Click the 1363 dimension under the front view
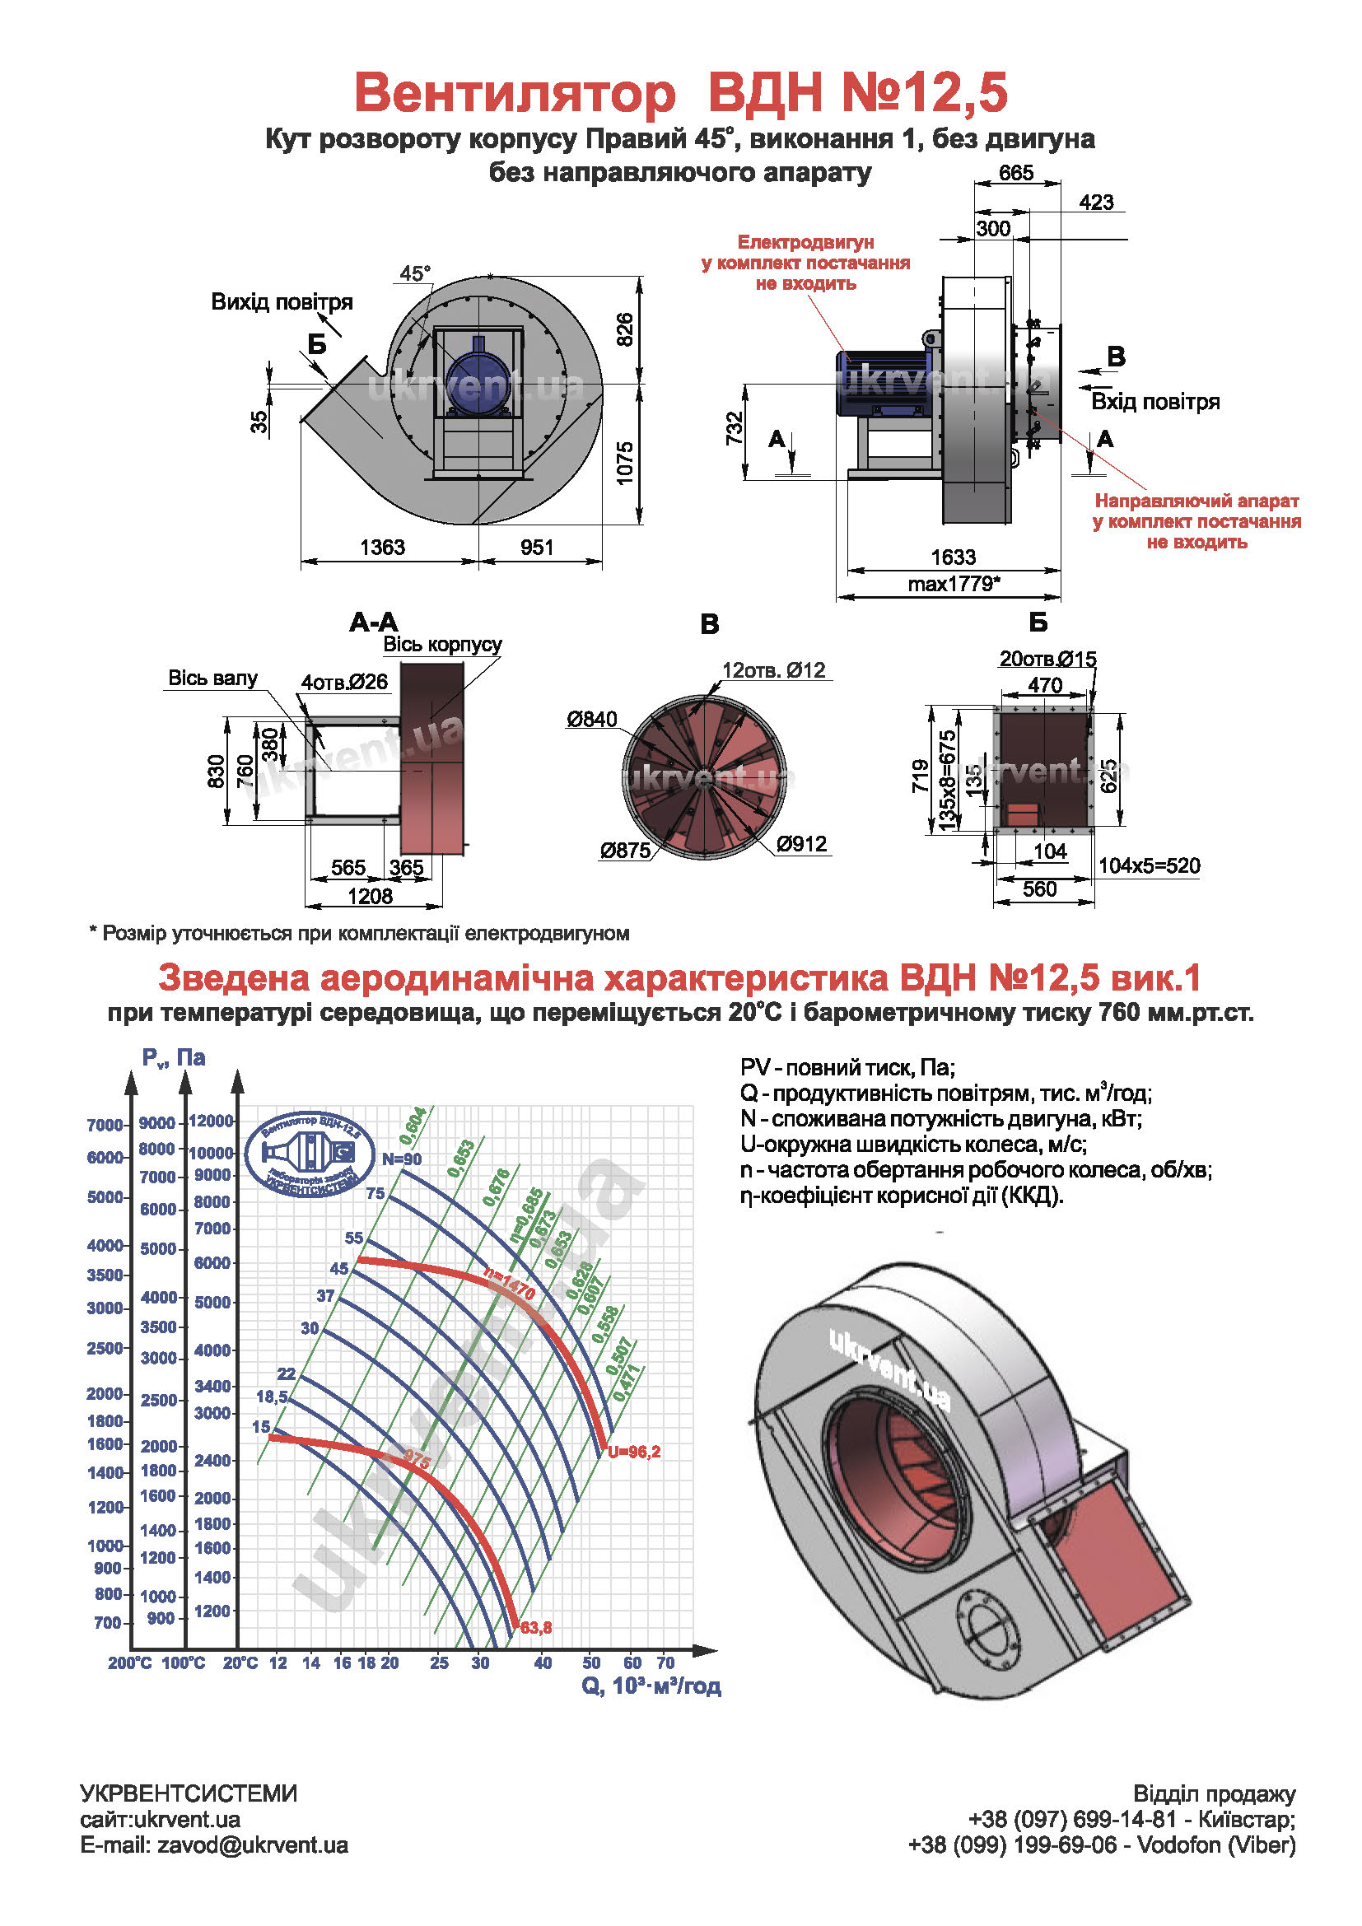[x=382, y=547]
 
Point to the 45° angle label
[x=414, y=273]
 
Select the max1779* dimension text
[x=954, y=584]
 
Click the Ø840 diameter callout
[x=591, y=719]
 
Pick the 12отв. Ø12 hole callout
[x=773, y=670]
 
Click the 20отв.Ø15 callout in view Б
[x=1047, y=660]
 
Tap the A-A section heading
[x=374, y=623]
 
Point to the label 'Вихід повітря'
[x=282, y=302]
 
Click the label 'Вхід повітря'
[x=1154, y=402]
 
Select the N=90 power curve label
[x=402, y=1159]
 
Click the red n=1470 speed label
[x=509, y=1284]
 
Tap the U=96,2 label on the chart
[x=634, y=1452]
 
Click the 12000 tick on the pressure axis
[x=211, y=1121]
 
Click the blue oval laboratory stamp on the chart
[x=310, y=1154]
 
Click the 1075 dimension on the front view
[x=625, y=463]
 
